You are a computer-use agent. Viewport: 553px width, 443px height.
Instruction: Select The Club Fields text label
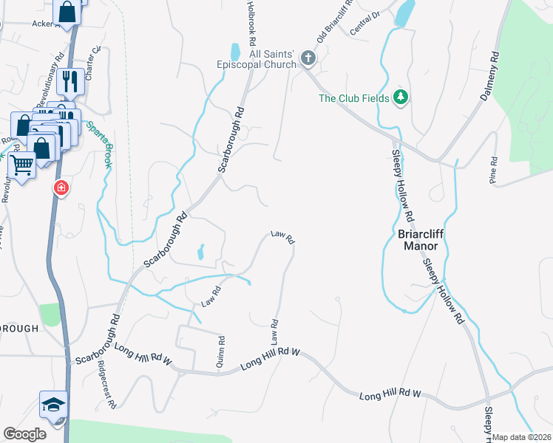(x=353, y=97)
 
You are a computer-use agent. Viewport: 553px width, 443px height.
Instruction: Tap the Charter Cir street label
(x=92, y=63)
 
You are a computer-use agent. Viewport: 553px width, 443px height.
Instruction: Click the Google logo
(x=24, y=434)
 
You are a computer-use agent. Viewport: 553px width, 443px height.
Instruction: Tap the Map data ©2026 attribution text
(x=521, y=437)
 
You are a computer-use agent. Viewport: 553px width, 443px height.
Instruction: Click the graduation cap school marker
(x=53, y=405)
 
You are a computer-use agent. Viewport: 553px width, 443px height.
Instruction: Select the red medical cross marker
(x=60, y=189)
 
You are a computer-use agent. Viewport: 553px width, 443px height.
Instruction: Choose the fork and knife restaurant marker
(x=71, y=80)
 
